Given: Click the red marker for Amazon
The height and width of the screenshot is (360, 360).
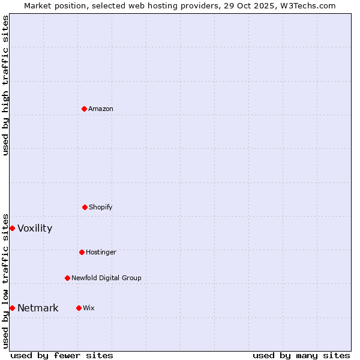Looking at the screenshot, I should click(84, 109).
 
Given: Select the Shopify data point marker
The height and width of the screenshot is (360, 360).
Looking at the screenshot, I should click(85, 207).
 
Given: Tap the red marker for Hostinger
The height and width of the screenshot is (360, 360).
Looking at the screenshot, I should click(82, 252).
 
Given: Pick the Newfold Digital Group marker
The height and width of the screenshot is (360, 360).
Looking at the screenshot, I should click(67, 278).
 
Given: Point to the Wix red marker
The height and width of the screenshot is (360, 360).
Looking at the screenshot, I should click(79, 308).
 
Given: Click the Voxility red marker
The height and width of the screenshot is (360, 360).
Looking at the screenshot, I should click(12, 228).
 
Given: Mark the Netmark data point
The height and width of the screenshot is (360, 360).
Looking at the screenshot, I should click(12, 308).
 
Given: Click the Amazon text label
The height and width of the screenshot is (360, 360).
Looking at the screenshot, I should click(101, 109).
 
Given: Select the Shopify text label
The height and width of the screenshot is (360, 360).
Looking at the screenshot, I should click(101, 207).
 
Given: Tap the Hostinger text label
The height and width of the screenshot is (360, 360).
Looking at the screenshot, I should click(101, 252).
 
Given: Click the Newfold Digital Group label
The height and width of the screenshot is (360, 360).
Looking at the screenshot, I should click(106, 278).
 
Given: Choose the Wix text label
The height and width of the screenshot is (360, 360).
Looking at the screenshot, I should click(89, 308).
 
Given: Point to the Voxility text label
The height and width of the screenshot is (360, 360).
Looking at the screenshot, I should click(35, 229).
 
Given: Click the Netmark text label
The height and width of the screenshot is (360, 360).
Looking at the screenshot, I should click(38, 308).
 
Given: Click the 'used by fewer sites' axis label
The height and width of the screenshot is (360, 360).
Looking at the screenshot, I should click(62, 355).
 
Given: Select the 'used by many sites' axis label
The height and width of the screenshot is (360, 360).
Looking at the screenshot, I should click(301, 355).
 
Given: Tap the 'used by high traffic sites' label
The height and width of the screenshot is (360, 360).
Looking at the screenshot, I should click(5, 85).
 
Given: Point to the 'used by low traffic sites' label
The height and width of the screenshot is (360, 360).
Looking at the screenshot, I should click(5, 281).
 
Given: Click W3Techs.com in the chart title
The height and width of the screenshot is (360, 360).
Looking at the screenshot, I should click(308, 5).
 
